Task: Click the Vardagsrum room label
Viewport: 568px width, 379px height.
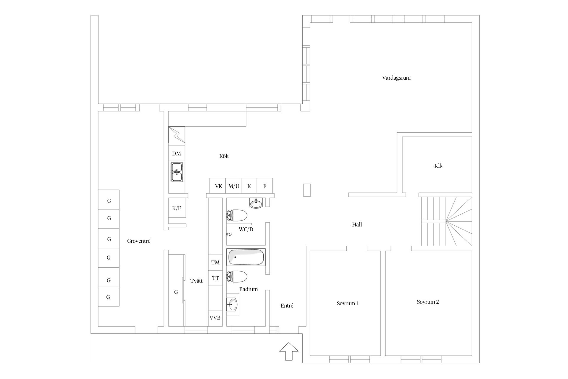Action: click(x=396, y=78)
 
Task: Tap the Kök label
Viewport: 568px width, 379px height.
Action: click(x=224, y=156)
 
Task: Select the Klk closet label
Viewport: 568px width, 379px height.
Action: click(x=438, y=166)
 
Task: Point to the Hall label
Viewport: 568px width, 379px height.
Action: click(x=357, y=224)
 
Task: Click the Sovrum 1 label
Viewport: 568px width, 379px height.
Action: click(x=347, y=303)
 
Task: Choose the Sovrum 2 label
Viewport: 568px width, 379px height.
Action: click(x=428, y=302)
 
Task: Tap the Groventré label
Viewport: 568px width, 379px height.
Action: click(x=139, y=241)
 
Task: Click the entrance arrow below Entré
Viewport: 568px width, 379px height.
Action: click(x=289, y=351)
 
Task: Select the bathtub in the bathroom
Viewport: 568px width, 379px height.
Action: click(x=246, y=257)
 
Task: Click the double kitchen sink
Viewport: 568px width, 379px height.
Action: click(x=177, y=172)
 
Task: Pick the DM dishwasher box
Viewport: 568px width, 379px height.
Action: click(x=177, y=153)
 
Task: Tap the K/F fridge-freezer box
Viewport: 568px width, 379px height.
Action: click(x=177, y=208)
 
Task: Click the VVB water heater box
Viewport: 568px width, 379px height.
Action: click(x=215, y=318)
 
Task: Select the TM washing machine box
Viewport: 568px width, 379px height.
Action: click(x=215, y=262)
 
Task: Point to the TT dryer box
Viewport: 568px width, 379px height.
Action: click(x=215, y=278)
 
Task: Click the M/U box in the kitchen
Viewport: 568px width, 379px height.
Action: click(x=233, y=186)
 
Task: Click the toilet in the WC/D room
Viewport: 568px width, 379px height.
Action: click(x=237, y=216)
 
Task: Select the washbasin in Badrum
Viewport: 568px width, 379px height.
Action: click(x=233, y=305)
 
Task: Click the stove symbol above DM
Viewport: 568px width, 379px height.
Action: click(x=177, y=135)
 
